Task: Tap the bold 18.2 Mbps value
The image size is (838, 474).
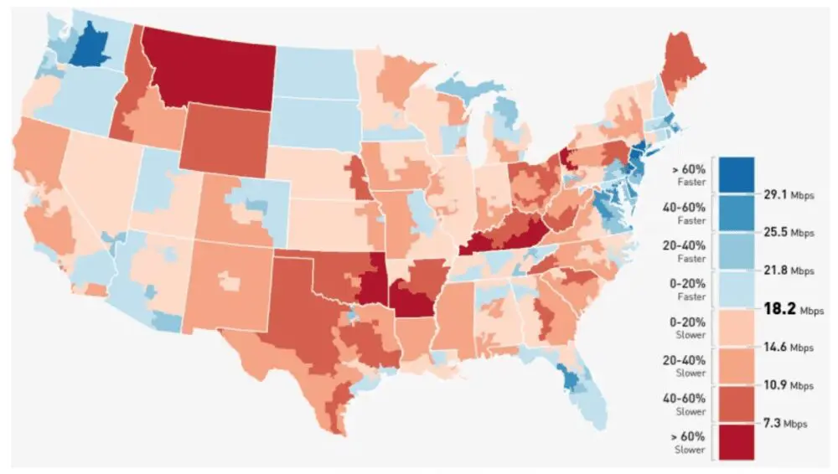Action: click(x=789, y=308)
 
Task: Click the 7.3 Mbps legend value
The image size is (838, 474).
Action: click(x=782, y=424)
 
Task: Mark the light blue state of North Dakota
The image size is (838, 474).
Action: click(x=315, y=70)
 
